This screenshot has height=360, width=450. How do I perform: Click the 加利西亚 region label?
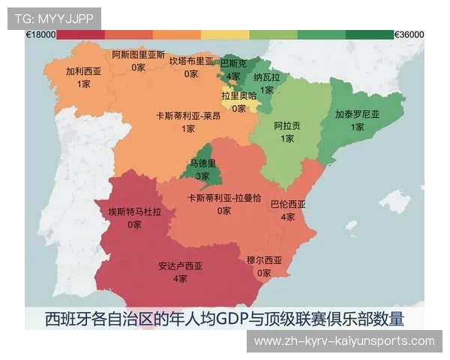[x=83, y=71]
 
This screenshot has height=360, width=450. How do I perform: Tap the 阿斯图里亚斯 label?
[x=138, y=55]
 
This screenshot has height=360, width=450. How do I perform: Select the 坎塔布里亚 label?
[x=191, y=61]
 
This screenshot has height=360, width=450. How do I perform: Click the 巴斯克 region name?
[x=233, y=65]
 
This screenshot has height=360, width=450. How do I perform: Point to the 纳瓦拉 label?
[x=266, y=77]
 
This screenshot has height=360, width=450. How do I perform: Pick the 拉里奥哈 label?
[x=238, y=96]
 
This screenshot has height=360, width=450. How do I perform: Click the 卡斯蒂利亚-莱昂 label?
[x=188, y=116]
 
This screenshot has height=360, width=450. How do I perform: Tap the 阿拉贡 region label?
[x=287, y=125]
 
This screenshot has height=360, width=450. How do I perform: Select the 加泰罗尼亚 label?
[x=357, y=115]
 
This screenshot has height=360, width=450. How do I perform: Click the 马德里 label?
[x=202, y=163]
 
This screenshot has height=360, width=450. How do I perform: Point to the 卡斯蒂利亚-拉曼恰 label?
[x=224, y=198]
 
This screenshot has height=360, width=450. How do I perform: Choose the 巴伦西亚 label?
[x=288, y=204]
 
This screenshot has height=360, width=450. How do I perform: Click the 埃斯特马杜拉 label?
[x=135, y=211]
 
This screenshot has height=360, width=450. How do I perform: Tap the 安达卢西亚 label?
[x=180, y=265]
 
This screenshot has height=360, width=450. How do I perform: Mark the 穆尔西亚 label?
[x=264, y=260]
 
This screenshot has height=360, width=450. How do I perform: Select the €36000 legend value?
[x=409, y=34]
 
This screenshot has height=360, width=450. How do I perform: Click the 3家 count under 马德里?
[x=202, y=175]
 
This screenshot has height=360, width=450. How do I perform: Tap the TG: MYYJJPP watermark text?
[x=53, y=17]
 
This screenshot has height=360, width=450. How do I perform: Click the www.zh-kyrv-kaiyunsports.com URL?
[x=344, y=341]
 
